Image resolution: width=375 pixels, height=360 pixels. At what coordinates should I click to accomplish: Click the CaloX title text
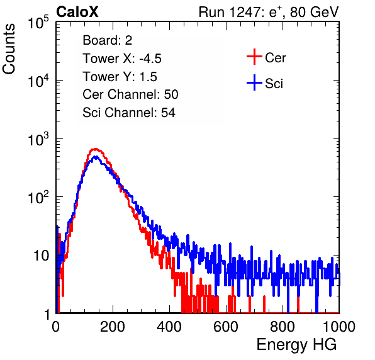77,12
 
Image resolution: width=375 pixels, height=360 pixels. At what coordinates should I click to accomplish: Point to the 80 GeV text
314,13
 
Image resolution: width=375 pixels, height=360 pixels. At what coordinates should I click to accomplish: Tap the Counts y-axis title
9,49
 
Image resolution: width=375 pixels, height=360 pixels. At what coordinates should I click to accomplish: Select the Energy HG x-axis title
296,344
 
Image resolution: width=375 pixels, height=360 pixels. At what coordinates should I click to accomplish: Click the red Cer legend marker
254,57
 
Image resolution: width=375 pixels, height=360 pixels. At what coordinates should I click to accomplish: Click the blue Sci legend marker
254,83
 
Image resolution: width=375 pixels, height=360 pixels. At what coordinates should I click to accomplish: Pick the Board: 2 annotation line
108,40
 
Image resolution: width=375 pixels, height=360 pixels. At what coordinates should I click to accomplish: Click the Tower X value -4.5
150,59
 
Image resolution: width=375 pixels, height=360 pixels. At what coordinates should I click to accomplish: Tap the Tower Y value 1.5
148,77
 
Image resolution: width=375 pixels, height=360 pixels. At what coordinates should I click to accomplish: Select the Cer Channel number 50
171,94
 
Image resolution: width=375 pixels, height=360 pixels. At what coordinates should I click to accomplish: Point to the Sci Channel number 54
168,113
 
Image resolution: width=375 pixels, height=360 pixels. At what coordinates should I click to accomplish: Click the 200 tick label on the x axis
113,327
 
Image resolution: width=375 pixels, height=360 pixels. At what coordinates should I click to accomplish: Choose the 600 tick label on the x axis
226,327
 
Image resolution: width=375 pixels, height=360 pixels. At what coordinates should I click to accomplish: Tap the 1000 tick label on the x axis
339,327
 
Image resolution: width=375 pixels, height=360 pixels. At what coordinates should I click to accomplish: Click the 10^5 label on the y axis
38,22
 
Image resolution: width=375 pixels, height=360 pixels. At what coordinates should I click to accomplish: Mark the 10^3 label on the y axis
38,138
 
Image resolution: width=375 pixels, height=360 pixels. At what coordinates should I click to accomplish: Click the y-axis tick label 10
41,256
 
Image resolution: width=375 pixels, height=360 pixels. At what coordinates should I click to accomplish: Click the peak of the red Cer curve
96,149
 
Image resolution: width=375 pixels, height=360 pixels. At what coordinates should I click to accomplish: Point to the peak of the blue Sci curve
96,157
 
